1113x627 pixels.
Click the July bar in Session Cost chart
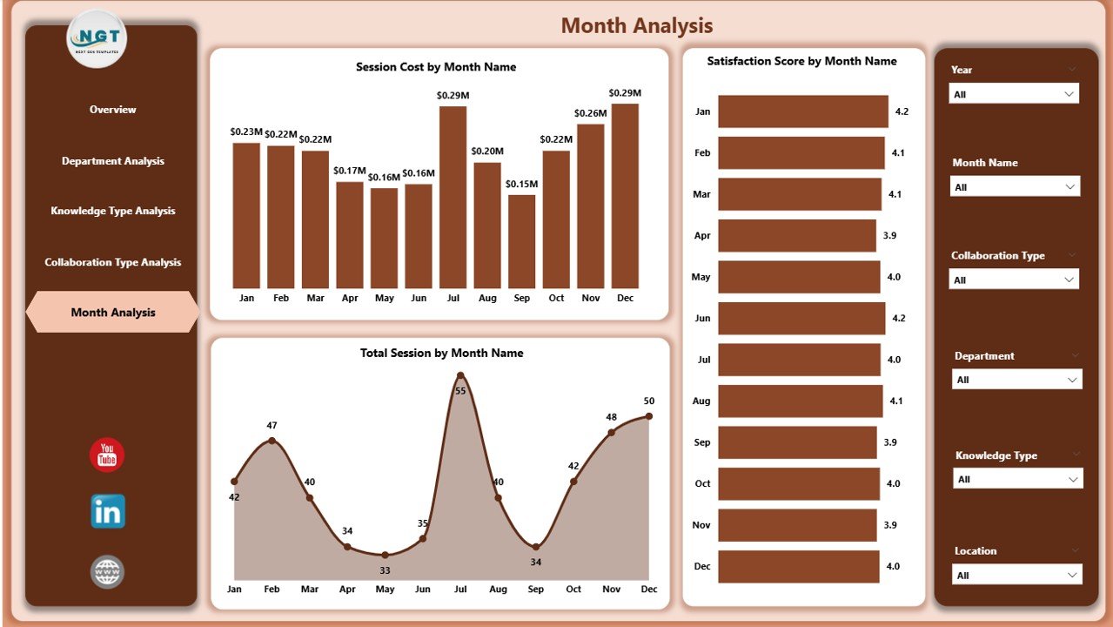click(x=453, y=197)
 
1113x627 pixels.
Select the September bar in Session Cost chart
click(x=521, y=241)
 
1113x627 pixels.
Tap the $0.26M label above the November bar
click(x=591, y=113)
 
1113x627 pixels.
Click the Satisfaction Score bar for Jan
click(x=802, y=111)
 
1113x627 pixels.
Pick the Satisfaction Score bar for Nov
click(x=797, y=525)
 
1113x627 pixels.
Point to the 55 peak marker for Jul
click(x=460, y=376)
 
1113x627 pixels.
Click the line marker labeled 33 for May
click(x=385, y=555)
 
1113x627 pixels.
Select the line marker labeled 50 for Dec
click(x=648, y=416)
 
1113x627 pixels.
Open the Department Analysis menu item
click(x=112, y=161)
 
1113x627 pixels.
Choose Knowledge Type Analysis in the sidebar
click(x=112, y=211)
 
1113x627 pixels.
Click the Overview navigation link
click(x=112, y=110)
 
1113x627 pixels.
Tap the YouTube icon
click(x=107, y=455)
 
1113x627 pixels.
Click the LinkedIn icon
click(x=107, y=512)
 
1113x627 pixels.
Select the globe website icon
click(x=107, y=572)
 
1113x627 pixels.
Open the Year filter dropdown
click(x=1014, y=94)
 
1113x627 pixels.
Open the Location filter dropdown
click(x=1016, y=576)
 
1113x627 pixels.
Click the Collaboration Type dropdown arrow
click(x=1069, y=280)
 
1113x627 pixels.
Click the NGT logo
click(x=97, y=38)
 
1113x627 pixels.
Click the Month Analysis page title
click(x=636, y=26)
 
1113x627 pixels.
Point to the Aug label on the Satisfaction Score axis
click(x=702, y=401)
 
